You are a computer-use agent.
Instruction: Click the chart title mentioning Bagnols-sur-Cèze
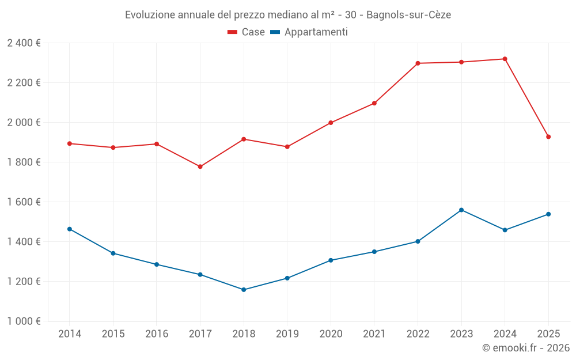point(288,14)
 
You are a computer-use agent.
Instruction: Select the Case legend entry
point(246,32)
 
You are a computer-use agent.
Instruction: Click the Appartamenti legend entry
point(309,32)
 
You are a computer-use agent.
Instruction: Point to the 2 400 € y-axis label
point(24,43)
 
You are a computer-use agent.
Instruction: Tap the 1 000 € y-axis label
point(24,321)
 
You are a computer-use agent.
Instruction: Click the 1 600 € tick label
point(24,202)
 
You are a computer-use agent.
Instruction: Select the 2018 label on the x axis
point(244,334)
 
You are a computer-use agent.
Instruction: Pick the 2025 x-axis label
point(548,334)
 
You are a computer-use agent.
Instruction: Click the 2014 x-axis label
point(70,334)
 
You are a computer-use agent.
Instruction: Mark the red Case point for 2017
point(200,166)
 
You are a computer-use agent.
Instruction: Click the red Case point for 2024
point(505,59)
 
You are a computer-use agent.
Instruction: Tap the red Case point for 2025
point(548,137)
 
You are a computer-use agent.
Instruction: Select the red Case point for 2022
point(418,63)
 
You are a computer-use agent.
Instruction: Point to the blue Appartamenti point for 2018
point(244,290)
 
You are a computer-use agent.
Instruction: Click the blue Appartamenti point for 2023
point(461,210)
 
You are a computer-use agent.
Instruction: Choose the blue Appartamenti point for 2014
point(70,229)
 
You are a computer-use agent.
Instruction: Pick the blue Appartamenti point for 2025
point(548,214)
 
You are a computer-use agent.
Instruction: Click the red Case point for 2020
point(331,123)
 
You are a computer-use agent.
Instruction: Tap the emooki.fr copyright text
point(525,348)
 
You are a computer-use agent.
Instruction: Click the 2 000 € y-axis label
point(24,123)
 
